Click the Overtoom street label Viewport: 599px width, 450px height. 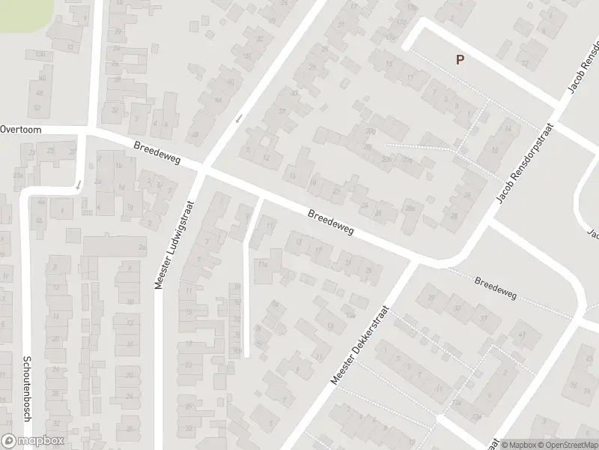pyautogui.click(x=20, y=129)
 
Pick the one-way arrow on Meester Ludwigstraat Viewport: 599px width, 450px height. pyautogui.click(x=239, y=118)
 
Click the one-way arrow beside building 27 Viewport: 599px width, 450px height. pyautogui.click(x=78, y=183)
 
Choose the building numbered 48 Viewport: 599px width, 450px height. pyautogui.click(x=195, y=135)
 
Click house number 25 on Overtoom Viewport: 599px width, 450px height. pyautogui.click(x=52, y=150)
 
